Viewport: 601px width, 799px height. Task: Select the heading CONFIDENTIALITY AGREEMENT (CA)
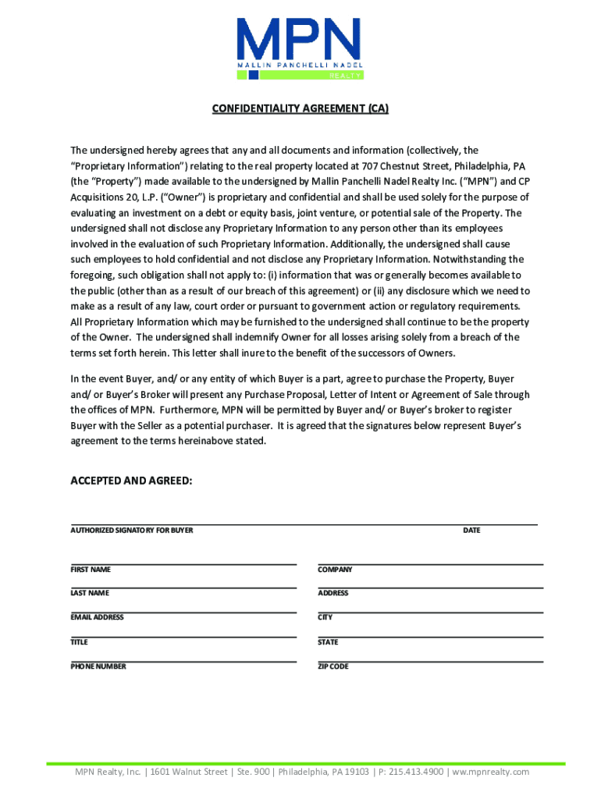pyautogui.click(x=300, y=109)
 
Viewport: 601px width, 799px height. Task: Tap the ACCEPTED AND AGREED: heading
pyautogui.click(x=131, y=481)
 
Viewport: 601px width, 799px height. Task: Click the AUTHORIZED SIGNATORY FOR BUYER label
pyautogui.click(x=132, y=531)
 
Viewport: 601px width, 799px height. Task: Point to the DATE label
pyautogui.click(x=471, y=531)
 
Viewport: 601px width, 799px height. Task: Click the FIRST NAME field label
pyautogui.click(x=91, y=570)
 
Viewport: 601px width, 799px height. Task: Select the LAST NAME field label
pyautogui.click(x=90, y=593)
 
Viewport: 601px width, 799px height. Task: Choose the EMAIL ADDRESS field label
pyautogui.click(x=98, y=617)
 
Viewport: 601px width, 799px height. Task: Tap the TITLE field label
pyautogui.click(x=80, y=642)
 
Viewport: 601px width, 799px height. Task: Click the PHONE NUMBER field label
pyautogui.click(x=98, y=666)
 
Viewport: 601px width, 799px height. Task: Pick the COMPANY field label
pyautogui.click(x=335, y=570)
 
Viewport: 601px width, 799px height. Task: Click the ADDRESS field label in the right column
pyautogui.click(x=333, y=593)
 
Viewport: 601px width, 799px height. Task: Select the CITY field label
pyautogui.click(x=325, y=617)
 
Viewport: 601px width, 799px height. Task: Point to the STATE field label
pyautogui.click(x=328, y=642)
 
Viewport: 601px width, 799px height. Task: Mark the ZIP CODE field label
pyautogui.click(x=333, y=666)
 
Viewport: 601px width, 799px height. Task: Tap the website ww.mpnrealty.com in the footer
pyautogui.click(x=490, y=772)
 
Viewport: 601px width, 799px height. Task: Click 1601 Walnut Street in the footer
pyautogui.click(x=190, y=772)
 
